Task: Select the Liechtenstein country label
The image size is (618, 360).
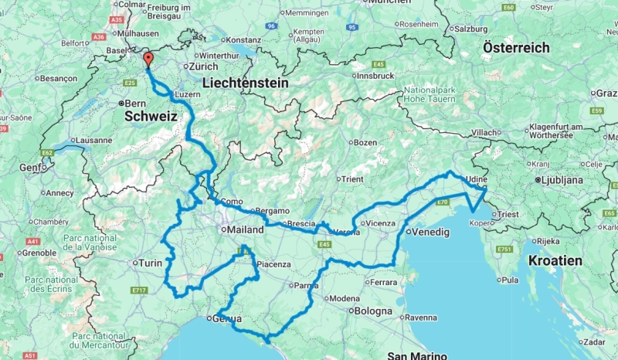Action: click(x=245, y=82)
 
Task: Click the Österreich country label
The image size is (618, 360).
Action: click(x=516, y=47)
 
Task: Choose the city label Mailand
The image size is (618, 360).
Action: click(x=244, y=229)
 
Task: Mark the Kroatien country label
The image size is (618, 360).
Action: click(x=555, y=260)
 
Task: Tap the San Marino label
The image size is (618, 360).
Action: click(x=418, y=355)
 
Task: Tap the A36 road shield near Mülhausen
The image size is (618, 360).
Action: click(x=98, y=36)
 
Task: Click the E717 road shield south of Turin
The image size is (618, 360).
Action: click(x=139, y=290)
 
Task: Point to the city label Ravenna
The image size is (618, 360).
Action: click(x=421, y=317)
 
